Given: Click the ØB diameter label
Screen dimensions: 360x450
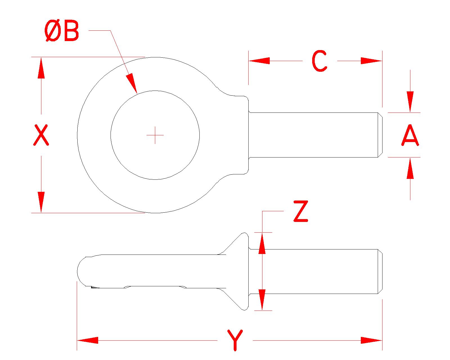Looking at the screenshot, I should [x=62, y=32].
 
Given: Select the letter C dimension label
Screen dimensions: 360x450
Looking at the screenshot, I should [x=319, y=61].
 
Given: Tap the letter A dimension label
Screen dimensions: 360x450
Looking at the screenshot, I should [x=410, y=136].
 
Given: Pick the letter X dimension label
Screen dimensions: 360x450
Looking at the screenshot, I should [x=41, y=135].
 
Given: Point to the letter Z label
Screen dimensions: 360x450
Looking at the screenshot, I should [x=300, y=211].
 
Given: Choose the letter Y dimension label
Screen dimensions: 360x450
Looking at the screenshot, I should [x=235, y=340].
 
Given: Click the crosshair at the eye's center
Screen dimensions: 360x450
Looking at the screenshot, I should [x=155, y=135].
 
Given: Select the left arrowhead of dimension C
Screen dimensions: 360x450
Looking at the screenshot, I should [x=259, y=61].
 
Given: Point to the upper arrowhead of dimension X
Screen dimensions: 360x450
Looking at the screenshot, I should [x=41, y=67].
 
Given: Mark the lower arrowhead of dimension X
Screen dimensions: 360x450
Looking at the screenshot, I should [x=41, y=202].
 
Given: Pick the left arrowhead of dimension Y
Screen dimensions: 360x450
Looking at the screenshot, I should [x=87, y=340].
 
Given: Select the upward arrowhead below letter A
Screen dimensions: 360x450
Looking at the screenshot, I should [x=410, y=168].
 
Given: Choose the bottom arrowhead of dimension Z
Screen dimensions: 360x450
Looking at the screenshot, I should [x=262, y=300].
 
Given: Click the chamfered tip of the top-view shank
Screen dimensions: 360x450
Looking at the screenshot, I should [x=380, y=135].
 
